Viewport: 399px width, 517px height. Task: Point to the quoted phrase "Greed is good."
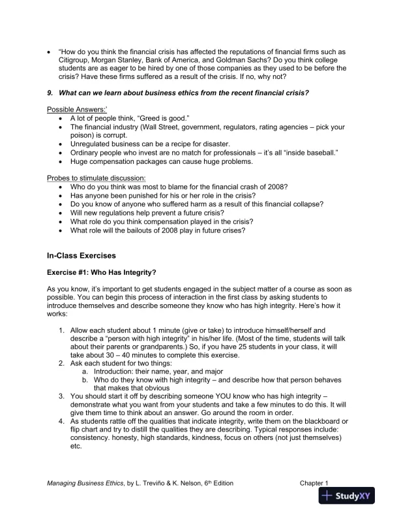click(x=156, y=117)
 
